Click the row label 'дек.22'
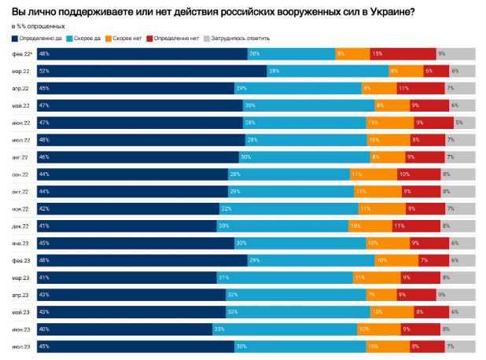point(21,226)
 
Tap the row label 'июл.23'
point(21,346)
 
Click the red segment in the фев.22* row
point(401,53)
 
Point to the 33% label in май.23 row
point(230,311)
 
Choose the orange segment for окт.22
point(374,191)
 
